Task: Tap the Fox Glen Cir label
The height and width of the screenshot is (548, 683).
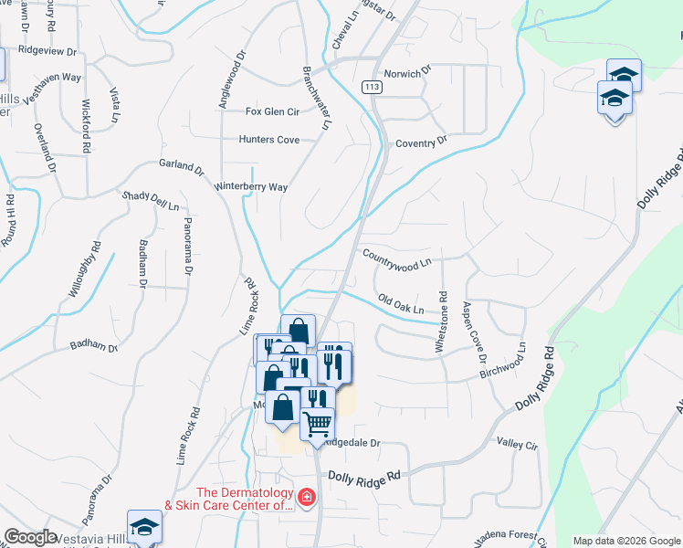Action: (x=273, y=111)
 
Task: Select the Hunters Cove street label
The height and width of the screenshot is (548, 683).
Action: (x=268, y=140)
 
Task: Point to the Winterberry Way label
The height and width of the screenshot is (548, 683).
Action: (x=251, y=186)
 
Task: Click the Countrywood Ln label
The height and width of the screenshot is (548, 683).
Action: (x=396, y=258)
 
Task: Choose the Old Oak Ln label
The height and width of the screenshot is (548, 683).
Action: (x=401, y=305)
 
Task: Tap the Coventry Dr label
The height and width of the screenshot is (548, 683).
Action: (x=421, y=142)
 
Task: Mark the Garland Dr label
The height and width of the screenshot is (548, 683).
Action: (x=181, y=166)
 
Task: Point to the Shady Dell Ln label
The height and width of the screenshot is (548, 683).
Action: (x=152, y=201)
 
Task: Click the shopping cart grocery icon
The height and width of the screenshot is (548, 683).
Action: (x=318, y=423)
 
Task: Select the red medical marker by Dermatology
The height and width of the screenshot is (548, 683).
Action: (x=307, y=498)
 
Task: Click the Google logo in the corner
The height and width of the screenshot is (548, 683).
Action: (x=30, y=537)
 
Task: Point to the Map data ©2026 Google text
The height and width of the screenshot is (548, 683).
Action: (x=626, y=541)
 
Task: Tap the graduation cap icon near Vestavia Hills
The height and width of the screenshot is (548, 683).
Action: (x=143, y=527)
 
